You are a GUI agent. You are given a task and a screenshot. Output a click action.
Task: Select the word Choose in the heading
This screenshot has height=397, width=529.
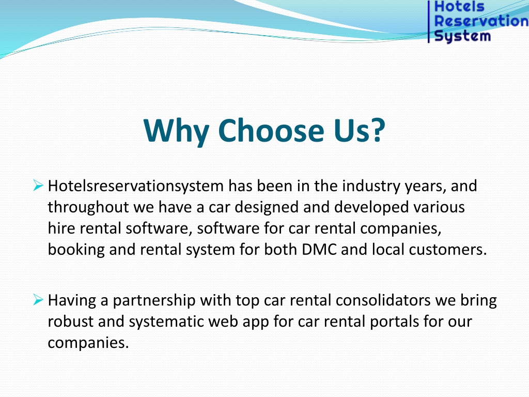pos(271,130)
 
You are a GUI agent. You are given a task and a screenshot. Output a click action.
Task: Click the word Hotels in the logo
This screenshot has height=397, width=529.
pos(459,6)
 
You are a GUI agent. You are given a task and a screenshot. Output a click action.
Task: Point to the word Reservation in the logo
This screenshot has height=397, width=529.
pos(481,21)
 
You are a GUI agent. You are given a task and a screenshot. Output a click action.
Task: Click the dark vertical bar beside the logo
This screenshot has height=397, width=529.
pos(429,22)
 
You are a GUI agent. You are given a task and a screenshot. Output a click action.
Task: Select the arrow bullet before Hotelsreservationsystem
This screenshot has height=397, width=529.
pos(38,186)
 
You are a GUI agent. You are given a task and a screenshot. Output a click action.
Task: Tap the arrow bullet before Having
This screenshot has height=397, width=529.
pos(38,299)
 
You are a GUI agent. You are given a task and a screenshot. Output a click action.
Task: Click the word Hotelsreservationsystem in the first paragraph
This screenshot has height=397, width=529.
pos(136,186)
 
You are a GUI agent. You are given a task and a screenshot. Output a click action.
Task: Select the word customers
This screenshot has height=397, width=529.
pos(448,250)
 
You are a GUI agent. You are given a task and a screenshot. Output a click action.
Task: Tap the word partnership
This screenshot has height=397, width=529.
pos(154,301)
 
